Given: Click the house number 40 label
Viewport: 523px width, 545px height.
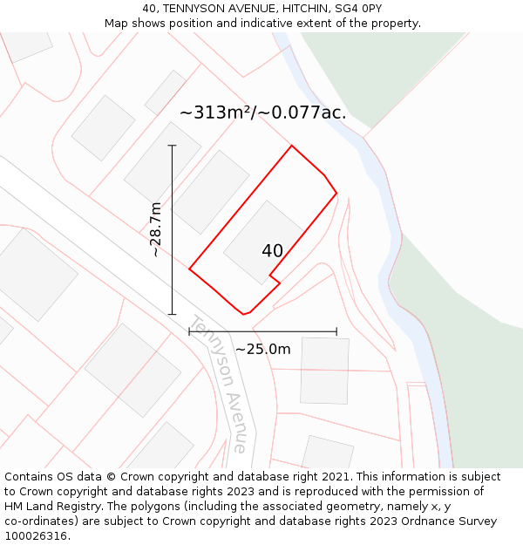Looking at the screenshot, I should [272, 251].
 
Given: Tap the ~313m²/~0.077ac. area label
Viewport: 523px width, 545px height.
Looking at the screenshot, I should [262, 112].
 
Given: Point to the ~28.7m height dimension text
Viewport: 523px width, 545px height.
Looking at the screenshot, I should [156, 229].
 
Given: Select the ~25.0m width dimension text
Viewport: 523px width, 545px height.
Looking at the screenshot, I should [262, 349].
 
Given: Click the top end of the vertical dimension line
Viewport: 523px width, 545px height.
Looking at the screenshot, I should [173, 146].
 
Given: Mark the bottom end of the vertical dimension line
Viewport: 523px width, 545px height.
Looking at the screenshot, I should [173, 314].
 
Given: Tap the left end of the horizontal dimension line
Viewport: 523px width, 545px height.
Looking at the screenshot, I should [189, 331].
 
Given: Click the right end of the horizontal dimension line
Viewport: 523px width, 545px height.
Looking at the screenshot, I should [336, 331].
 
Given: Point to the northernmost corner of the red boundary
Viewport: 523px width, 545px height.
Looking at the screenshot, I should [291, 146].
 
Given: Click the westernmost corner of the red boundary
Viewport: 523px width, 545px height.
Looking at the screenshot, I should [189, 269].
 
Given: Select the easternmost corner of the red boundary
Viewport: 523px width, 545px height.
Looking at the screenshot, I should [336, 193].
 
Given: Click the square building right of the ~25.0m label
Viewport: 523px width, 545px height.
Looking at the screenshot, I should [324, 371].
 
